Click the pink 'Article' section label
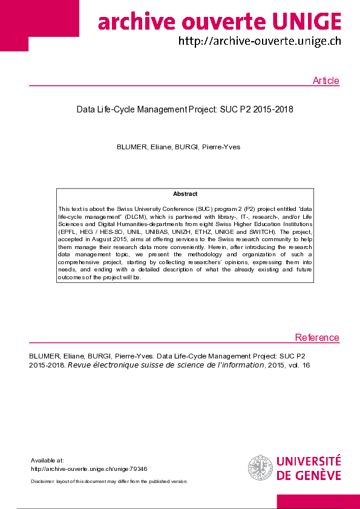[x=326, y=81]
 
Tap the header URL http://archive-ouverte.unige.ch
[x=259, y=41]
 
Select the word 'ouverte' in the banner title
[x=222, y=22]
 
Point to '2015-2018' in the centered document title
[x=273, y=110]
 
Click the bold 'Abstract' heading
[x=185, y=194]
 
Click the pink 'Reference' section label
[x=317, y=338]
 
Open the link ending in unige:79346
[x=89, y=468]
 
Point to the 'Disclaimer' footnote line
[x=109, y=481]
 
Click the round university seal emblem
[x=260, y=468]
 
